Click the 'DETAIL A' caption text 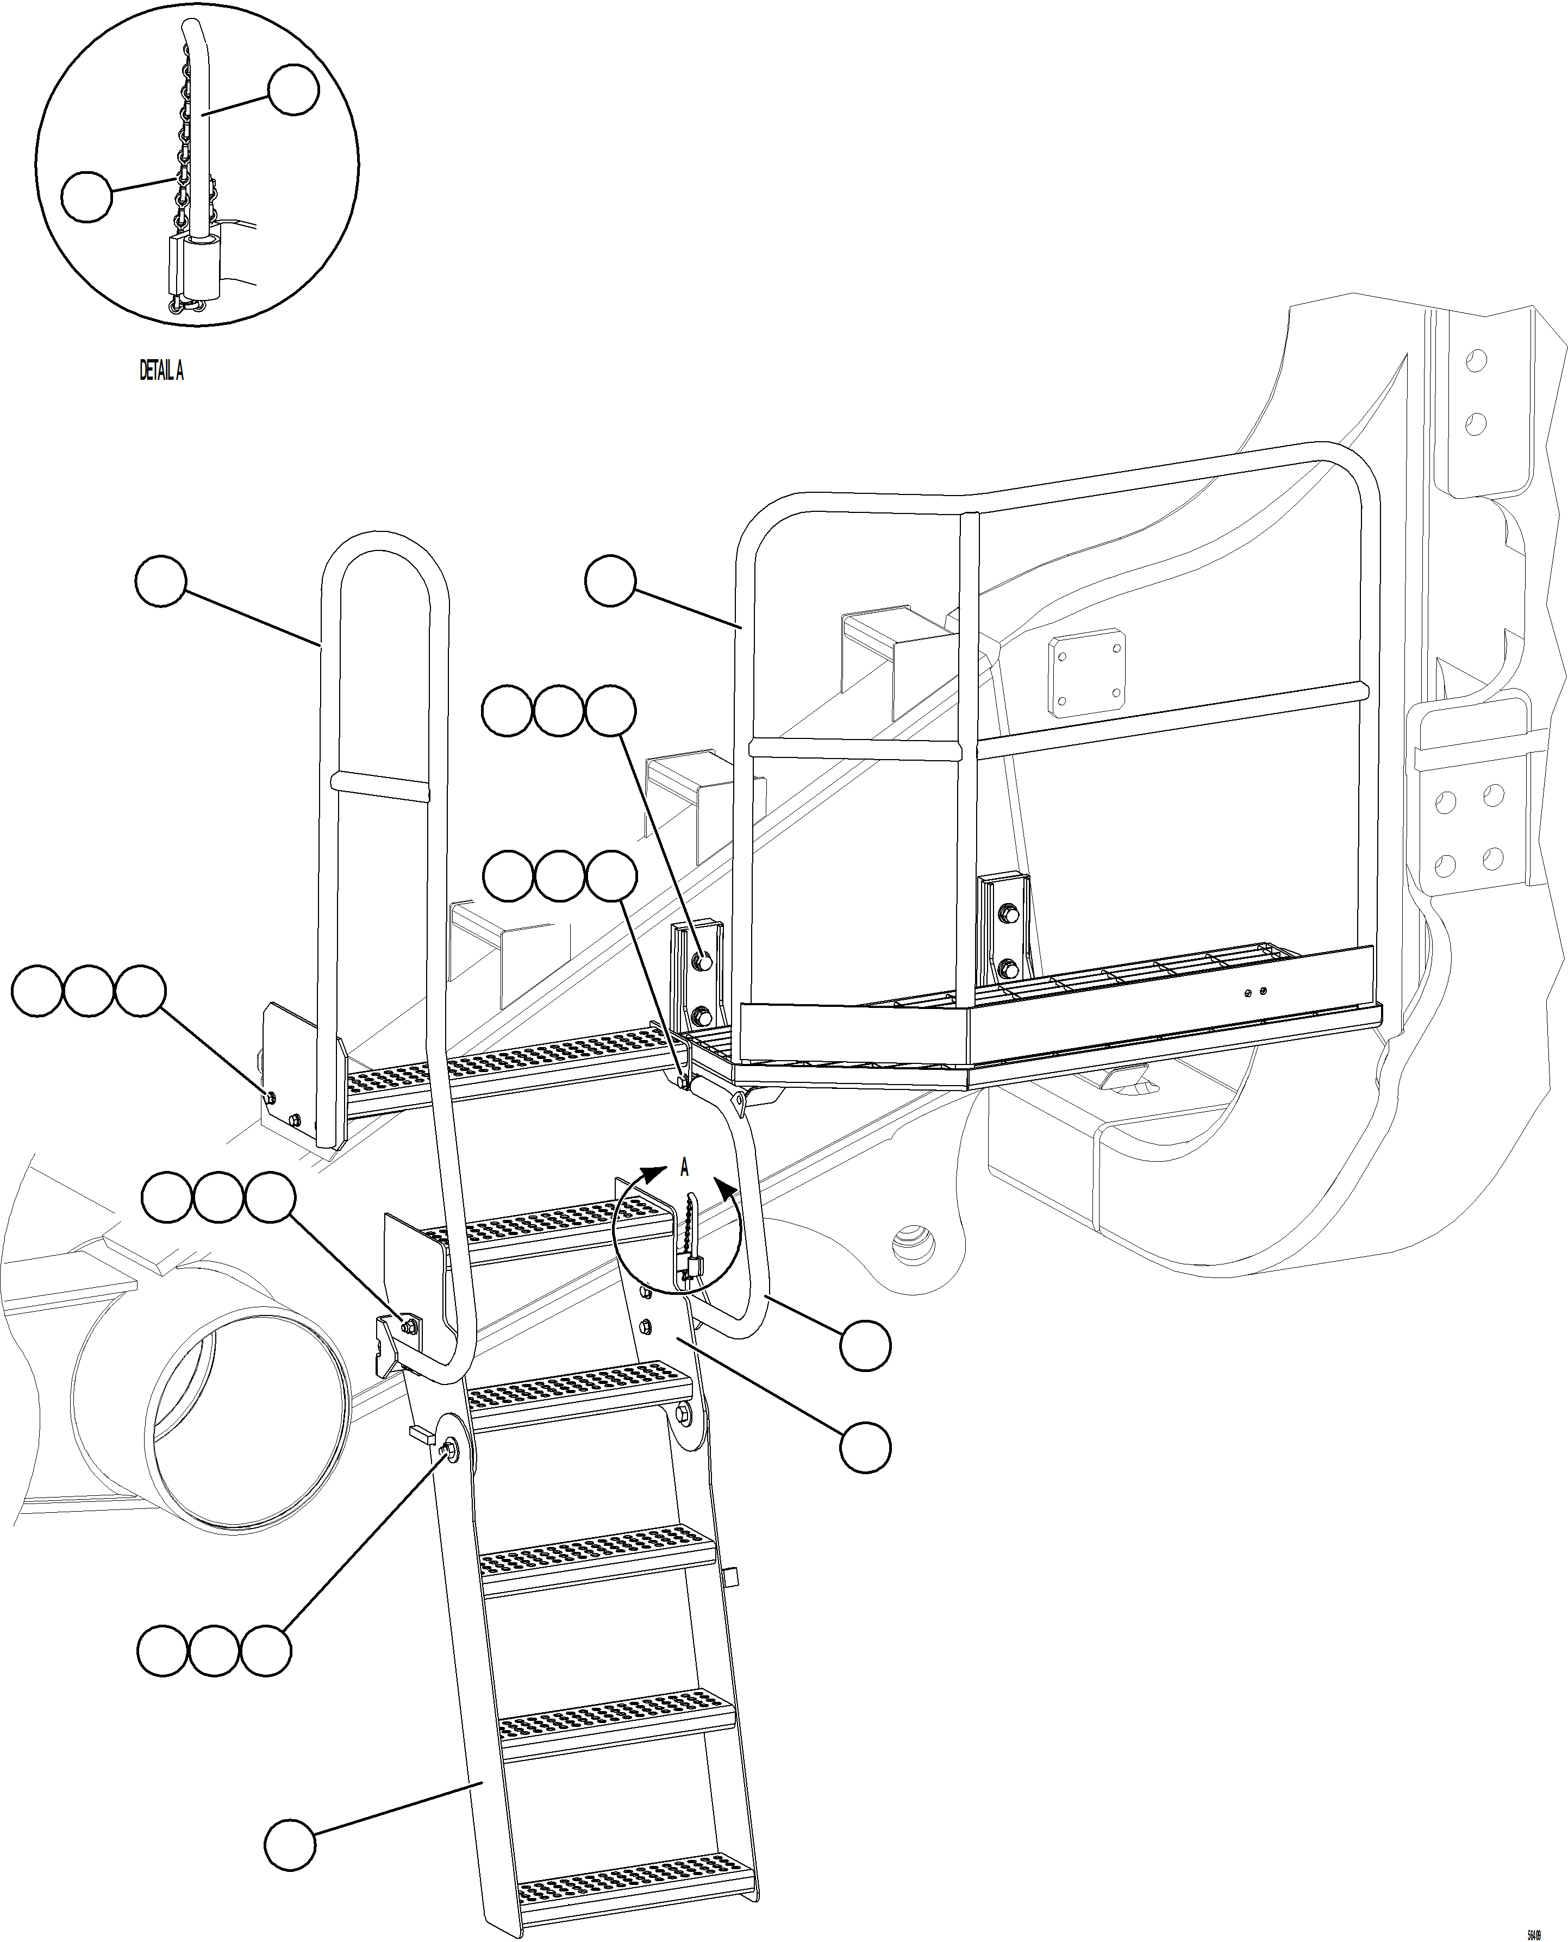click(x=161, y=370)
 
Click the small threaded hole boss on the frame click(x=914, y=1246)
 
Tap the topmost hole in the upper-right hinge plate click(x=1475, y=361)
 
